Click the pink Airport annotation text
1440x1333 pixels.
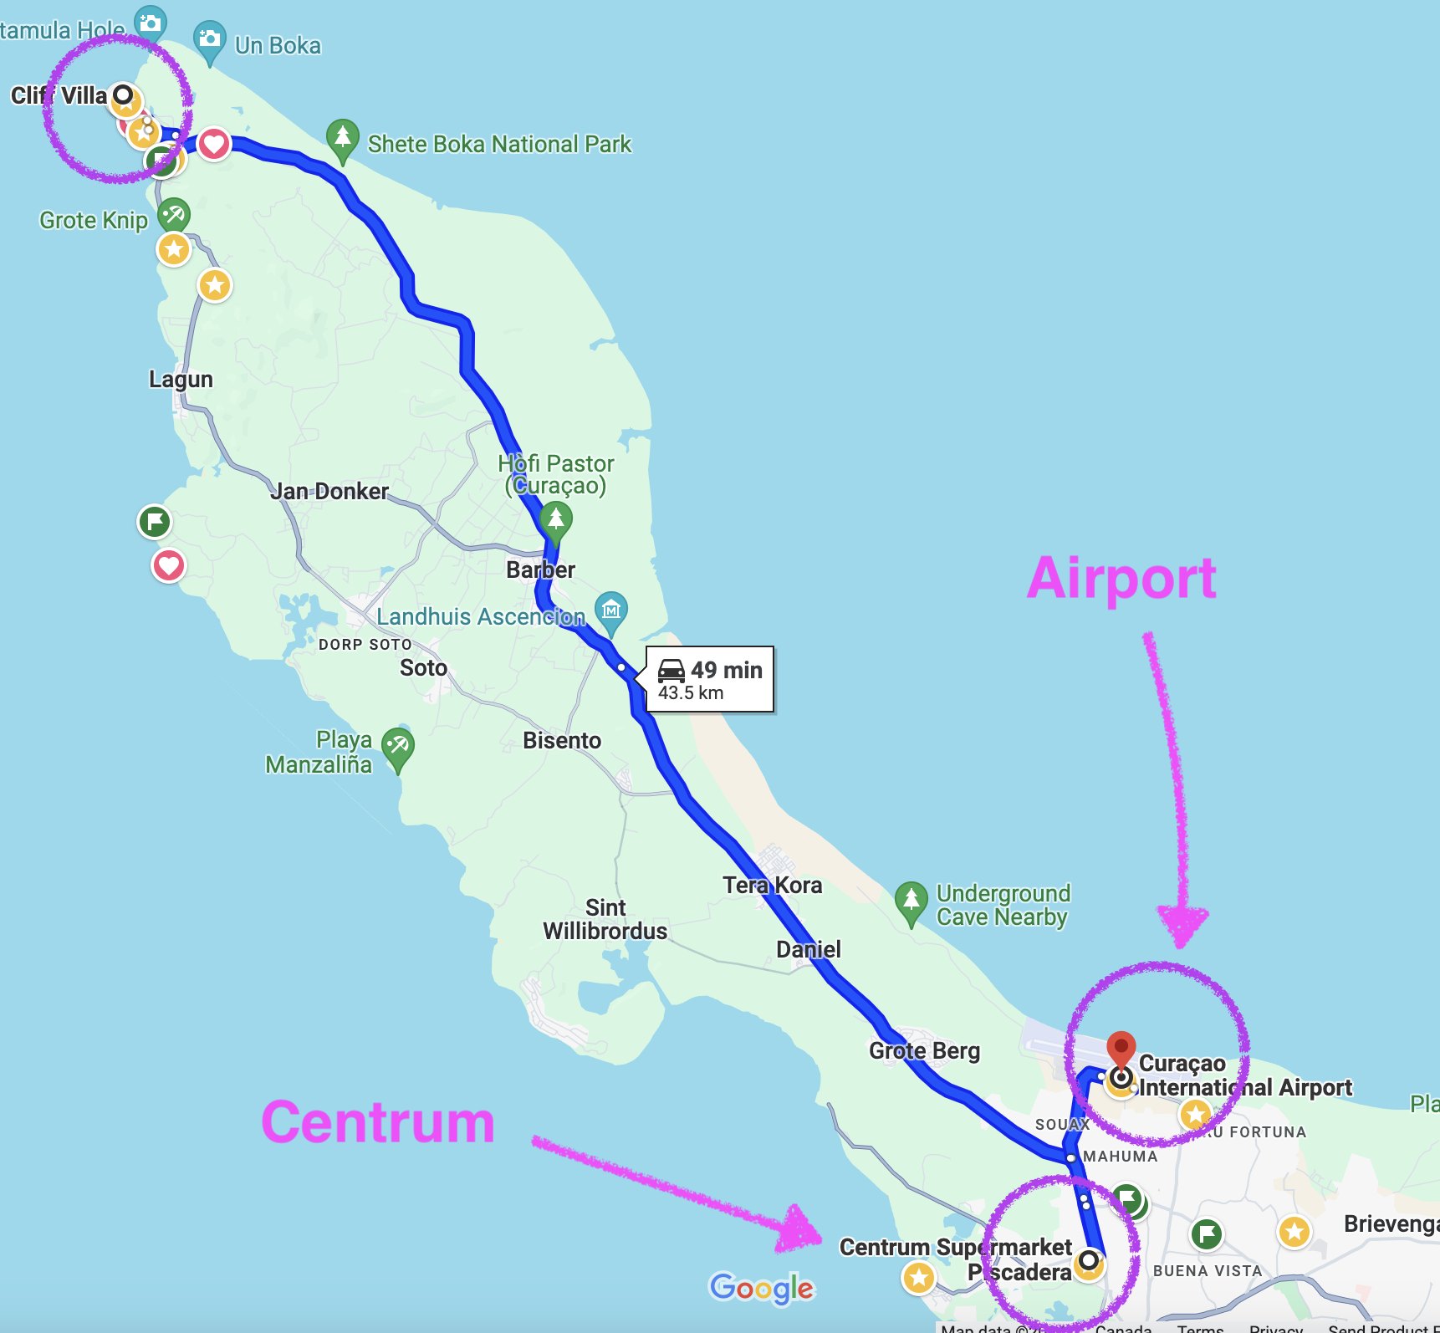click(1121, 579)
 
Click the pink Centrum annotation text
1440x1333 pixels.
click(378, 1122)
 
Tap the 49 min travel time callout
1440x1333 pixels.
click(710, 679)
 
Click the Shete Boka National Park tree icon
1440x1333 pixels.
click(342, 139)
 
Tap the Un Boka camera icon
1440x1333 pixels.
click(209, 40)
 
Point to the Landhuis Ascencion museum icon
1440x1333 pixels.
click(611, 610)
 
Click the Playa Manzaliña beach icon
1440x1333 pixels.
click(398, 745)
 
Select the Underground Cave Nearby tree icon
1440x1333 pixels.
click(911, 901)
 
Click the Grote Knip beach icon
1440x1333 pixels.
click(174, 215)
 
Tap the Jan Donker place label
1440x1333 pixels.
click(329, 491)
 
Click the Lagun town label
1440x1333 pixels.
click(181, 380)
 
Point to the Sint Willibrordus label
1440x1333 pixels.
click(605, 919)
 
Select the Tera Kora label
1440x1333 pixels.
click(772, 885)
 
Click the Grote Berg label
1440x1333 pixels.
click(924, 1050)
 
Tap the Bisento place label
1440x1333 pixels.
click(562, 740)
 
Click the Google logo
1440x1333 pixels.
click(761, 1288)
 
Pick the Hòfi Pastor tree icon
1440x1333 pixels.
click(555, 518)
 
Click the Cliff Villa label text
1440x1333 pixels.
click(59, 95)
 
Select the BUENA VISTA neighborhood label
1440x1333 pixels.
click(1207, 1270)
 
